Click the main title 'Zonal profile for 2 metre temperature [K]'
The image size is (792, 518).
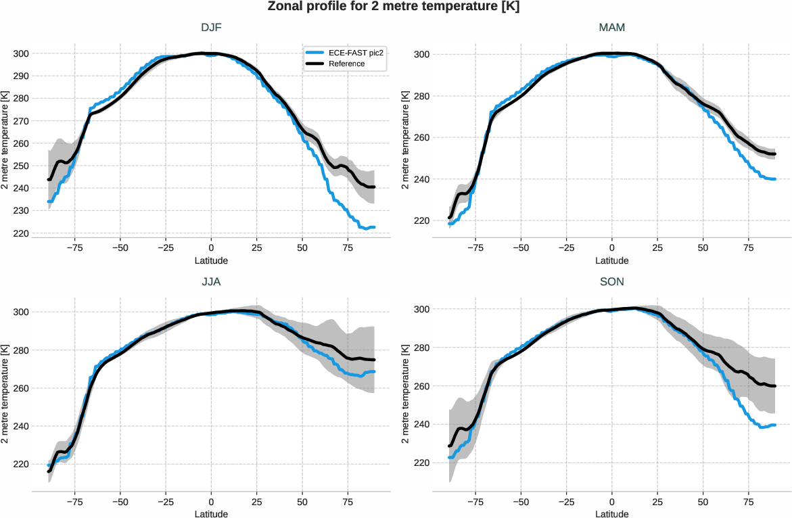coord(396,7)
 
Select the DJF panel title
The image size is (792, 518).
coord(211,28)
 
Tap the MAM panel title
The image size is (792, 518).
coord(611,28)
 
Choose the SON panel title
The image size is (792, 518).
coord(611,283)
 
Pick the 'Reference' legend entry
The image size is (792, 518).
coord(347,64)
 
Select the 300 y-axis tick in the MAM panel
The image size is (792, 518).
coord(421,54)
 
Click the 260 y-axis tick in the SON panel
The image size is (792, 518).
coord(421,386)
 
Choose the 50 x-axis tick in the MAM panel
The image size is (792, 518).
coord(703,248)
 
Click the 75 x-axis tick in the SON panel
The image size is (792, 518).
coord(748,502)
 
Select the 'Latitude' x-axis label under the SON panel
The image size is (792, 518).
coord(611,514)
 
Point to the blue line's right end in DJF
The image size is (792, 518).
coord(374,227)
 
